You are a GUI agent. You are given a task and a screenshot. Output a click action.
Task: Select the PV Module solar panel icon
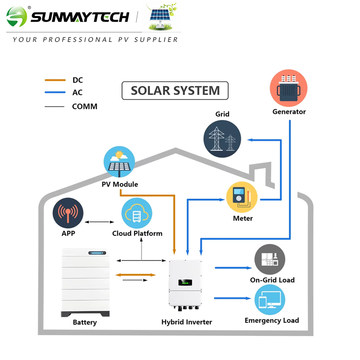pos(119,162)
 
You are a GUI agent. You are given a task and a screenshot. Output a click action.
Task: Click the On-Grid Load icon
pos(270,260)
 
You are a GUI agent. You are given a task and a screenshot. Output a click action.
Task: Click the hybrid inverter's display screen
pos(185,283)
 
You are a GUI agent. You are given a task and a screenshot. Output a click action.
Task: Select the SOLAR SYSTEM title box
pos(175,90)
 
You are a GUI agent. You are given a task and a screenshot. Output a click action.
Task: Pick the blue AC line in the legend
pos(55,93)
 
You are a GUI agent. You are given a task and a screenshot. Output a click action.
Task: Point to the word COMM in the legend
pos(85,107)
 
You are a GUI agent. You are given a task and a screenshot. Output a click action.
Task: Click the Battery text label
pos(85,322)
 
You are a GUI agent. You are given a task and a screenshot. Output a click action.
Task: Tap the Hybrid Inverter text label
pos(186,322)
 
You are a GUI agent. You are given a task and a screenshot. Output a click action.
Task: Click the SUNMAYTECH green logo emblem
pos(17,18)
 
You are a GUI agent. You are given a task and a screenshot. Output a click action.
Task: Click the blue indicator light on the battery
pos(96,254)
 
